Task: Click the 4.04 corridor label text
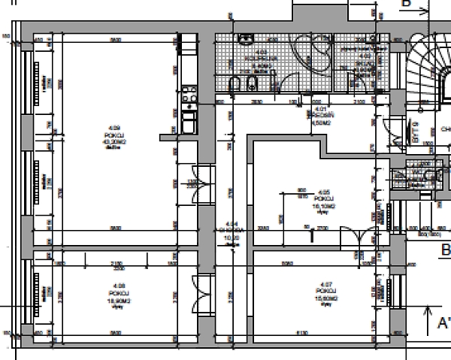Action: [x=232, y=234]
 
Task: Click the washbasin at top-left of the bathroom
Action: [x=245, y=40]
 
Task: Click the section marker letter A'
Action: [x=443, y=324]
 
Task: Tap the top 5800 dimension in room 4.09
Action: [x=115, y=40]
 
